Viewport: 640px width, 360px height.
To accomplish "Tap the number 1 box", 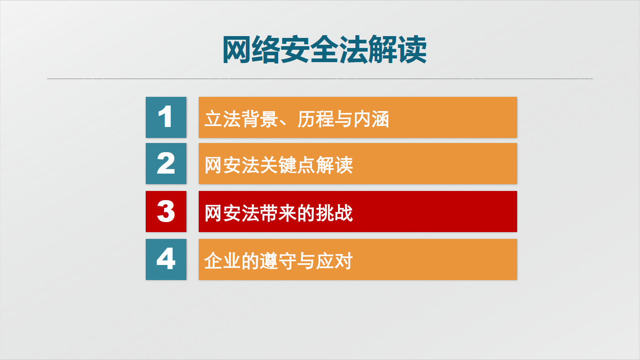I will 166,117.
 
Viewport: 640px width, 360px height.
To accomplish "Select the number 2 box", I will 166,164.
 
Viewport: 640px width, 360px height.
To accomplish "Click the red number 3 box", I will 166,212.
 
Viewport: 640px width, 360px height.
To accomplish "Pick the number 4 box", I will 166,259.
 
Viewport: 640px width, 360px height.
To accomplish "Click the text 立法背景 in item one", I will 241,119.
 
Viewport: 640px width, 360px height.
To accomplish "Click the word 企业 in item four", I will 222,261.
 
